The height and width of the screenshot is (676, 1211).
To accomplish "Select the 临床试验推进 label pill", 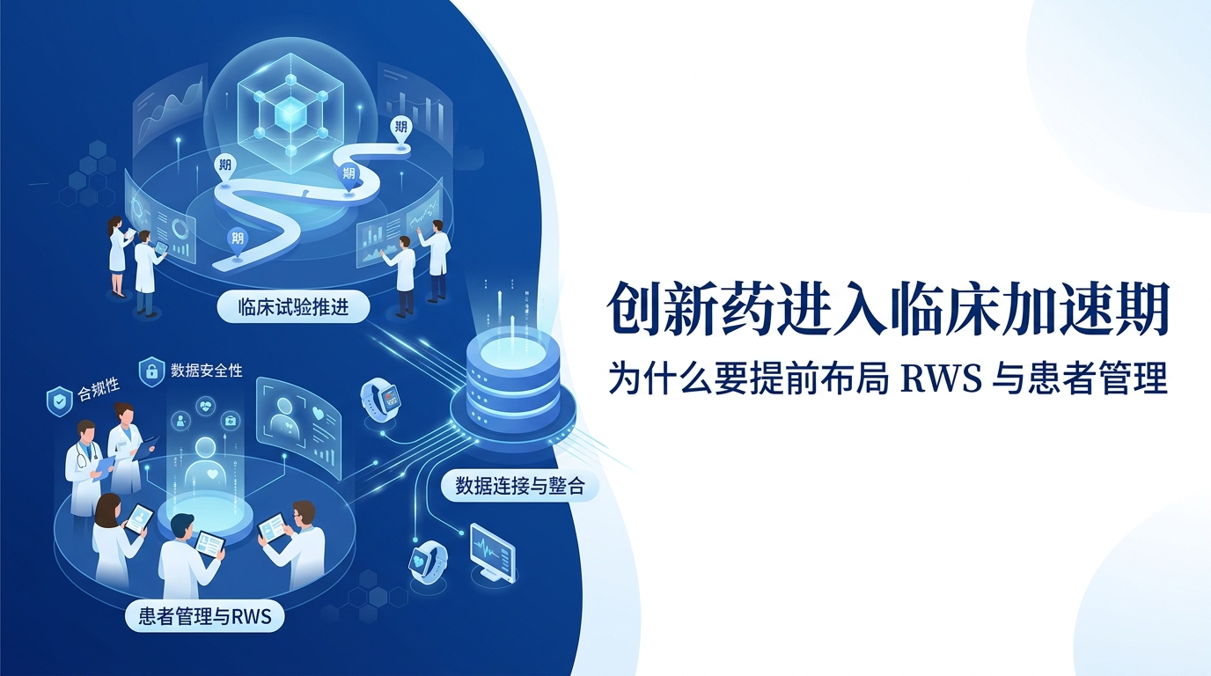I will pos(294,308).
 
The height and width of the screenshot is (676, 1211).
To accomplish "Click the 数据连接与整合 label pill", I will pos(519,485).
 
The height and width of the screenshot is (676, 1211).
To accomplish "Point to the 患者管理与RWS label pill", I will pos(204,616).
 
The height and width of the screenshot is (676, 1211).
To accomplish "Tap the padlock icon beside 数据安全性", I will pos(152,370).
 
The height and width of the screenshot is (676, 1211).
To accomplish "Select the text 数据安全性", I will pos(207,371).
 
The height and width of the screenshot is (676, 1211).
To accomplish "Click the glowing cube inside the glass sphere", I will pos(290,114).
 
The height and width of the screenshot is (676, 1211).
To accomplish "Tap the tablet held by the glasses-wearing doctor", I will pos(274,528).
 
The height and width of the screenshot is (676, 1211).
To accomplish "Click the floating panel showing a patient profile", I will pos(290,414).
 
